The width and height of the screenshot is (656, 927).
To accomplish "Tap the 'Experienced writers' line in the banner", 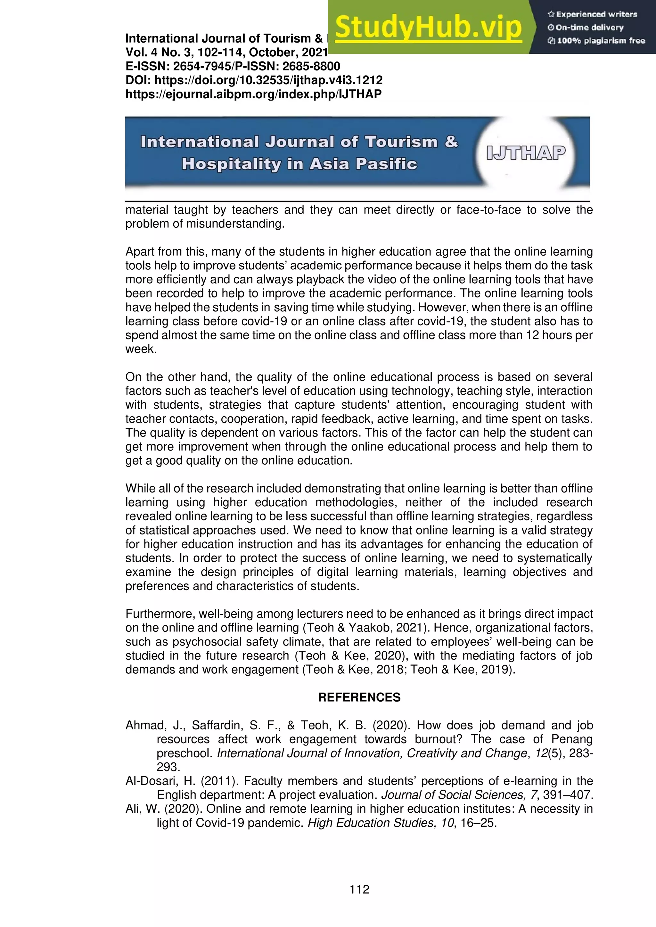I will tap(592, 14).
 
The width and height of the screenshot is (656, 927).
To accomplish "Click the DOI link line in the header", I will tap(254, 80).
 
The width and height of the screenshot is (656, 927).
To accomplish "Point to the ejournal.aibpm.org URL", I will tap(253, 94).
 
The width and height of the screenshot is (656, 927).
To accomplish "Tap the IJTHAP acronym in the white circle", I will tap(526, 153).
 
